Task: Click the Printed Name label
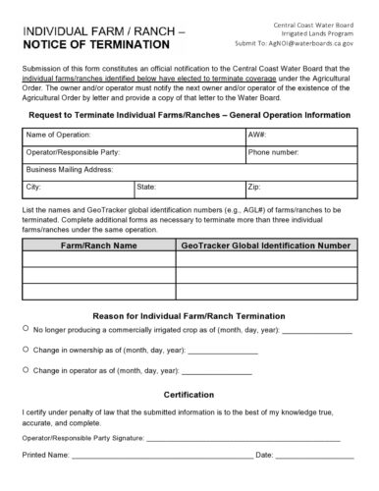(45, 456)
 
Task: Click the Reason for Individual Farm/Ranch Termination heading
(189, 314)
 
